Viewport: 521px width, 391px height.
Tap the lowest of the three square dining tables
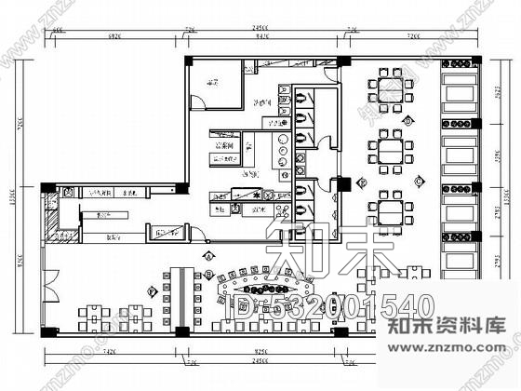384,206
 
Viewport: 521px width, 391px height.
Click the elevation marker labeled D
407,121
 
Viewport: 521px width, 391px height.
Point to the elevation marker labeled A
209,254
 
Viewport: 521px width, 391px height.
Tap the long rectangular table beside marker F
179,292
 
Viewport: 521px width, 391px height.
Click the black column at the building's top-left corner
189,61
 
